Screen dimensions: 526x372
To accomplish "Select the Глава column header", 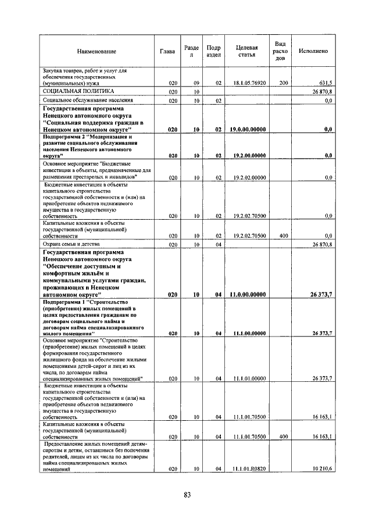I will pos(167,51).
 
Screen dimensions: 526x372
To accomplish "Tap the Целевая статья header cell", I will pos(247,51).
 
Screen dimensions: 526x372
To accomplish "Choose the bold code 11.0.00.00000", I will pos(249,295).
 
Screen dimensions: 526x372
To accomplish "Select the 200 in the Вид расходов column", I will pos(284,83).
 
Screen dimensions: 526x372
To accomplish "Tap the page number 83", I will pos(187,495).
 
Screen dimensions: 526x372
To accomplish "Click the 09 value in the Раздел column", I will pos(197,83).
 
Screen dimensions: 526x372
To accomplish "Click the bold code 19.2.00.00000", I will pos(249,156).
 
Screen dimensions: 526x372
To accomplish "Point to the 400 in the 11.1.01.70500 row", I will pos(284,436).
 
